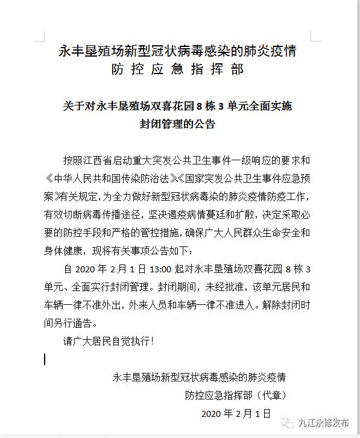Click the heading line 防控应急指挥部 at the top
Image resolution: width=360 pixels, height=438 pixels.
[x=178, y=69]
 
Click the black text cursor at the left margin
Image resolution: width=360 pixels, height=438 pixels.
[x=45, y=359]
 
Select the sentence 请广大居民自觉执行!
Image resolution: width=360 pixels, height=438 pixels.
[x=109, y=341]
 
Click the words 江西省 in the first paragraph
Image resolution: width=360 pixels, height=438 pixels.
[x=109, y=161]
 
